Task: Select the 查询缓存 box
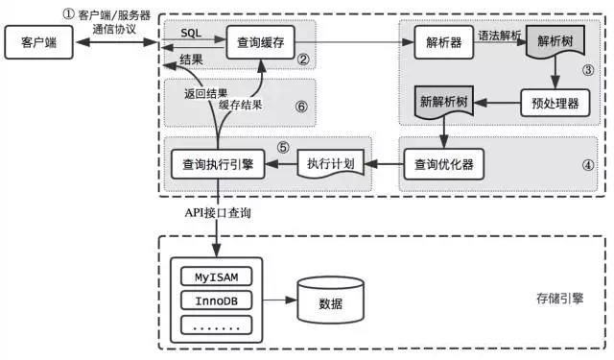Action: [258, 43]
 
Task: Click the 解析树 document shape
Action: [555, 44]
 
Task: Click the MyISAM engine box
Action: [217, 277]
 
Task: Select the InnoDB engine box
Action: [217, 302]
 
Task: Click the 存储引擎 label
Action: [555, 301]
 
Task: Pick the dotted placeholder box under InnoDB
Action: [217, 326]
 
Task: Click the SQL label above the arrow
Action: [191, 32]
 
